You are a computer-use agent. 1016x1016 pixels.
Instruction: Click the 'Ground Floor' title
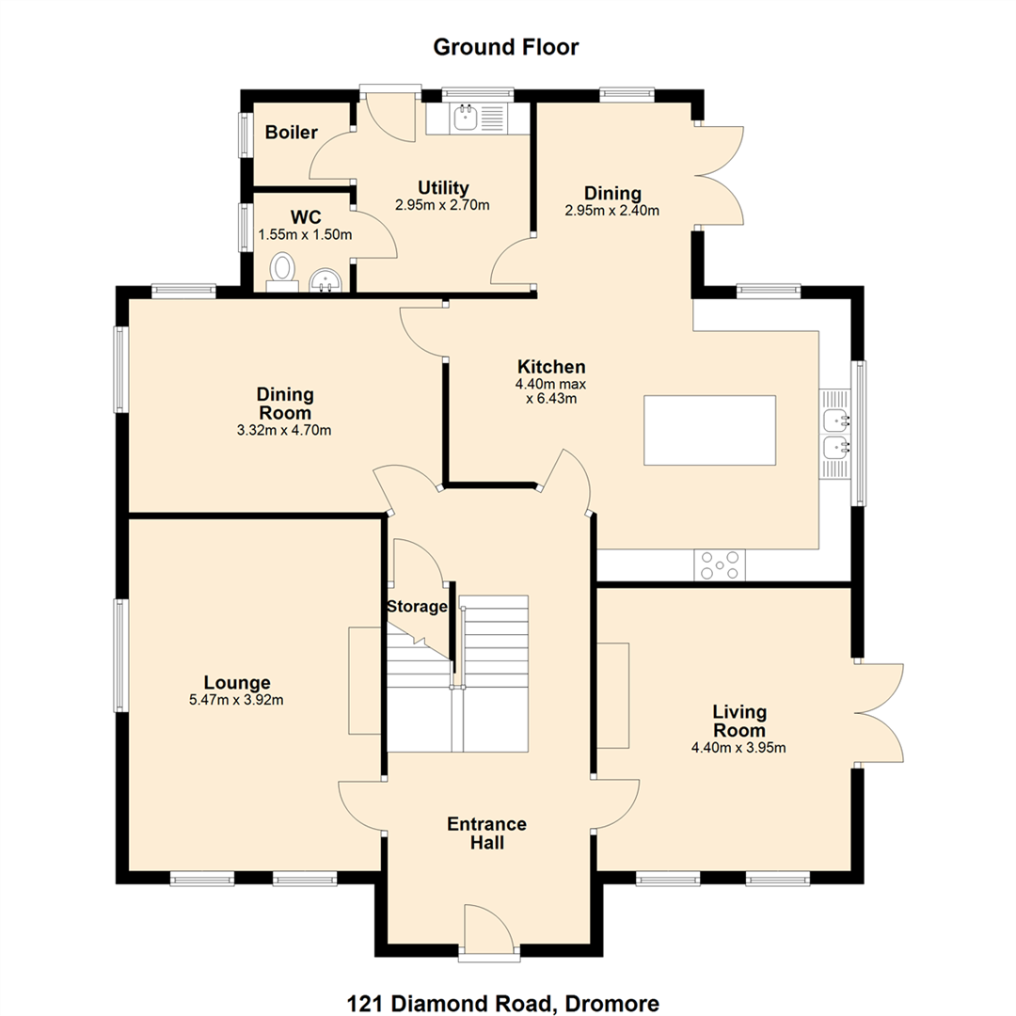coord(505,47)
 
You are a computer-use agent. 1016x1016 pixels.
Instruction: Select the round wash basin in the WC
coord(325,281)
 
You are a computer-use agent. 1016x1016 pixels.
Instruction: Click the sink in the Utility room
coord(467,118)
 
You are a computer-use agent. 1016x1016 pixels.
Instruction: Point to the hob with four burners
coord(720,565)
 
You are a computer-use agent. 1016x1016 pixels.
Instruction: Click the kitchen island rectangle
coord(709,430)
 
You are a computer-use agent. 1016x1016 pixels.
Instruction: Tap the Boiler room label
coord(292,133)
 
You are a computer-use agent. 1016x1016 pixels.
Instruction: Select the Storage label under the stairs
coord(418,607)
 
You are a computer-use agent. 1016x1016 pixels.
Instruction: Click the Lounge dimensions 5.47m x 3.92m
coord(236,700)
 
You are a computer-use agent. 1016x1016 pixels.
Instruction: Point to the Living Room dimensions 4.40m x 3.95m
coord(738,748)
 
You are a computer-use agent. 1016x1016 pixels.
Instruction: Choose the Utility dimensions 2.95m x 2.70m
coord(442,205)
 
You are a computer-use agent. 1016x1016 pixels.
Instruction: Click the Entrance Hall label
coord(486,833)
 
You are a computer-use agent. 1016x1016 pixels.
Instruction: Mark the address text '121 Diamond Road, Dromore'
coord(503,1004)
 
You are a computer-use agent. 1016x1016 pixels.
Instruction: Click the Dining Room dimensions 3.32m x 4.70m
coord(284,430)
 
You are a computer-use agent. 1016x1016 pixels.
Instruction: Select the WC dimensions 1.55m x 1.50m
coord(305,234)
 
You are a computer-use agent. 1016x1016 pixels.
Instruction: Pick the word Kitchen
coord(551,367)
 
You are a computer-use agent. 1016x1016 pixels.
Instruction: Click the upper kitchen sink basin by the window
coord(836,421)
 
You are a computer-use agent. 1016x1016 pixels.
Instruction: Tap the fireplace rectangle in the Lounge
coord(365,680)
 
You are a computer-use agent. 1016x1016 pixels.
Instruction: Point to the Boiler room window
coord(246,135)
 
